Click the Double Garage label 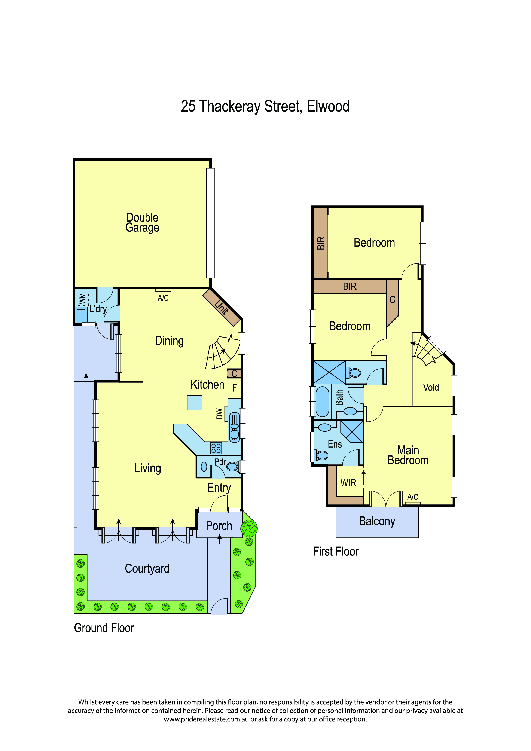point(142,222)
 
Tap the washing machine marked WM point(82,298)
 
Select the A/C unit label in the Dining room point(163,298)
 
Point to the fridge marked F point(235,388)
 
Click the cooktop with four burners point(216,448)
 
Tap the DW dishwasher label point(220,413)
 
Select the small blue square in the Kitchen point(195,403)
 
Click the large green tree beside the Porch point(249,528)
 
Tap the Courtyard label point(147,568)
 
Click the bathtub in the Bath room point(322,402)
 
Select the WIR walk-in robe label point(348,483)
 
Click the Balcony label point(377,521)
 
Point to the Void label point(431,388)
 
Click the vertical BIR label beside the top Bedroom point(321,243)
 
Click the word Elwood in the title point(328,107)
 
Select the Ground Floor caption point(104,628)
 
